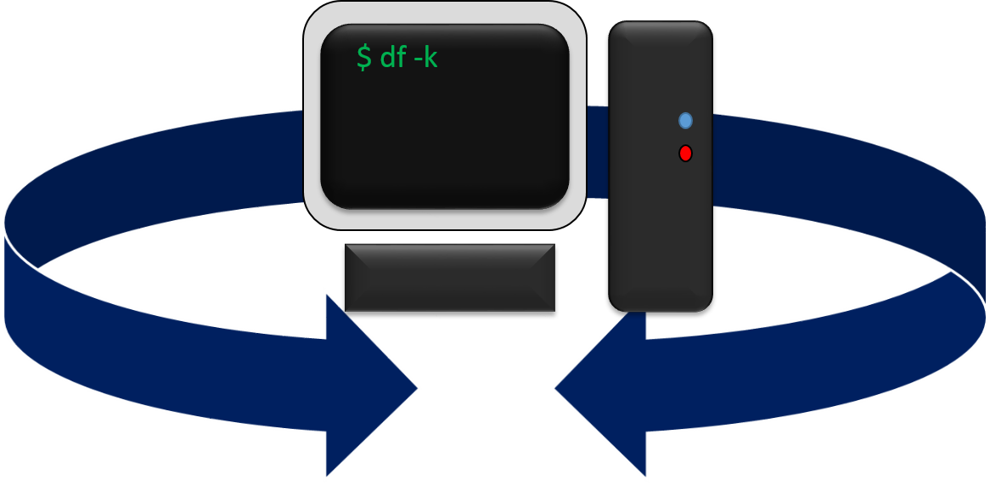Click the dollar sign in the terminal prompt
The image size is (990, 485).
(364, 58)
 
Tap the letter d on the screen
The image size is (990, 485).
(385, 58)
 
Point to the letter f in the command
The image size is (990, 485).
(402, 57)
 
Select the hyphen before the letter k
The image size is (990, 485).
(417, 61)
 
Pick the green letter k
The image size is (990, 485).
(430, 58)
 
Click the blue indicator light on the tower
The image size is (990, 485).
(686, 121)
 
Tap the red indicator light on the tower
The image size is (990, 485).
(686, 154)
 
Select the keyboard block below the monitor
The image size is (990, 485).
(450, 277)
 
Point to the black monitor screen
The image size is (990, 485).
(444, 136)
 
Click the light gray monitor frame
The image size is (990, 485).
(312, 119)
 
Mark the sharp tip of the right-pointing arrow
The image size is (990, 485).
(419, 388)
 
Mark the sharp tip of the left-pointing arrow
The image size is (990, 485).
(554, 389)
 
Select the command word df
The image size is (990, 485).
(393, 58)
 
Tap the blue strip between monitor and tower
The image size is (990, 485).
(598, 153)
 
